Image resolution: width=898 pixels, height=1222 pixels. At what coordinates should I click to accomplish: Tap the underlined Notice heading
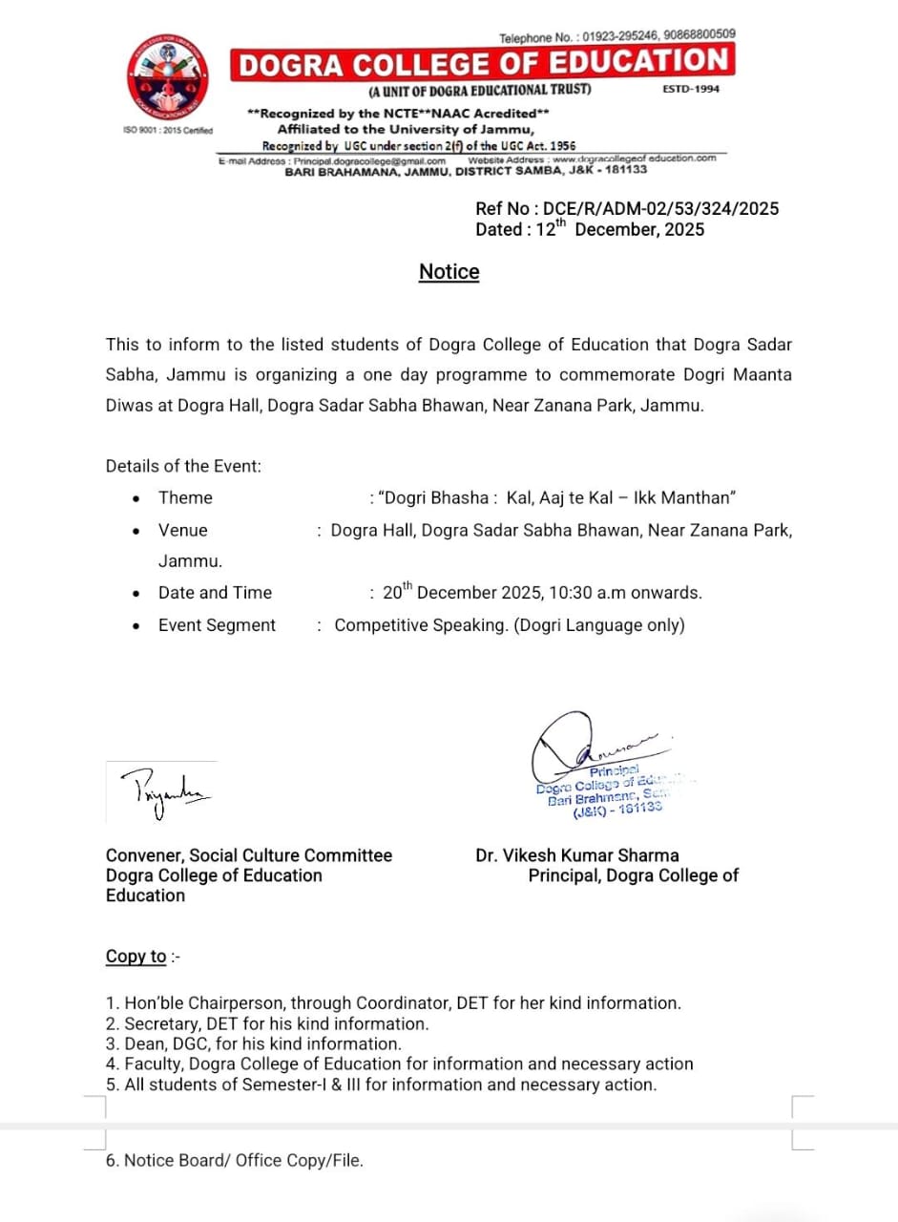(449, 271)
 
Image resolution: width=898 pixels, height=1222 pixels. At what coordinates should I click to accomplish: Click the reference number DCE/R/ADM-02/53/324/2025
(658, 209)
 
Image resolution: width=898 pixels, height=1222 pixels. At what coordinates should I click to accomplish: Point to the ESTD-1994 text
(691, 89)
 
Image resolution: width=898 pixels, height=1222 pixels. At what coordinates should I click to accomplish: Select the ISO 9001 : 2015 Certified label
(169, 131)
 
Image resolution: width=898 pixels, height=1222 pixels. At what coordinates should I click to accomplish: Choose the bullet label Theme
(185, 497)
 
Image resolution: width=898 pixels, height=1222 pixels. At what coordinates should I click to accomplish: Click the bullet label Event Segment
(217, 625)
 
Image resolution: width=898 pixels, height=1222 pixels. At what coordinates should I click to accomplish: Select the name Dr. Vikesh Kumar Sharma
(577, 855)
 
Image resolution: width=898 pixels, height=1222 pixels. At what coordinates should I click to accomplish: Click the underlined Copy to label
(136, 957)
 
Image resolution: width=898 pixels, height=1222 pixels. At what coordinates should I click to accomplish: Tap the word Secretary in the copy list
(159, 1023)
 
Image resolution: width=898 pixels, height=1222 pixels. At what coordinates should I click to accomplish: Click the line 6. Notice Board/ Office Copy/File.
(235, 1161)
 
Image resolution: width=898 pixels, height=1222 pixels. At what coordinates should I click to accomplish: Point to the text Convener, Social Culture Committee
(249, 855)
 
